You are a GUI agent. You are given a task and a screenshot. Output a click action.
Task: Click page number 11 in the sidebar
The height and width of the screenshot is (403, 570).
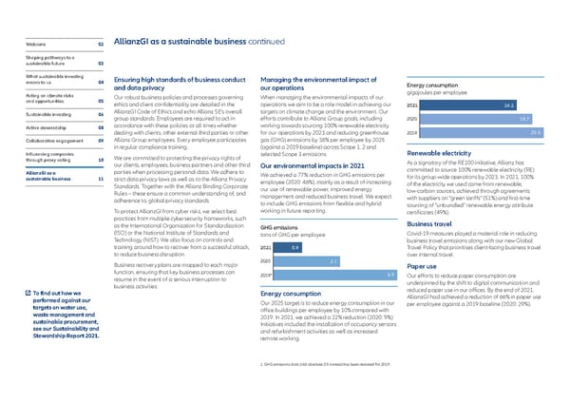(x=100, y=178)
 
